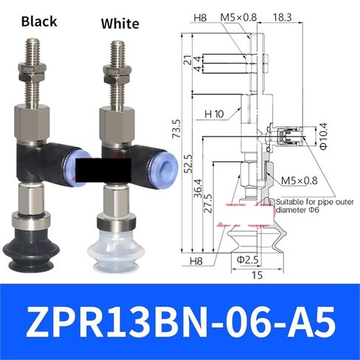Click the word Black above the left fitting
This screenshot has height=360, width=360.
(39, 21)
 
